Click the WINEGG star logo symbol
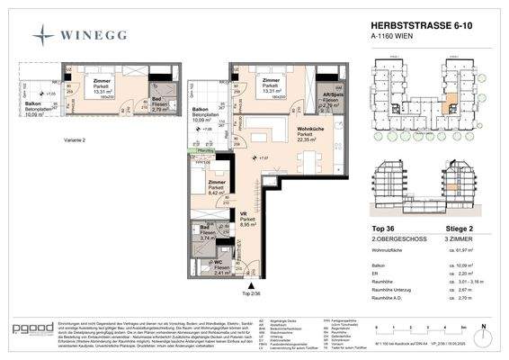pos(42,35)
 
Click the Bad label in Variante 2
pos(131,104)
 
